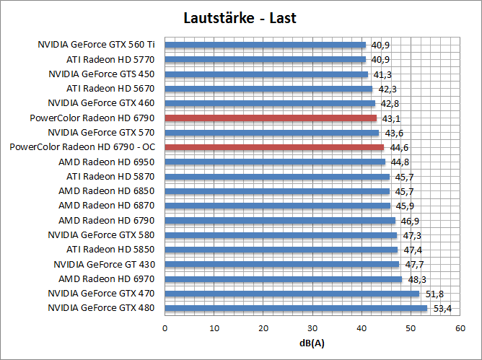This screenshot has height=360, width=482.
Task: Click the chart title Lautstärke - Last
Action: point(240,18)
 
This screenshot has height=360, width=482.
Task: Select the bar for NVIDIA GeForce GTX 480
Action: point(296,308)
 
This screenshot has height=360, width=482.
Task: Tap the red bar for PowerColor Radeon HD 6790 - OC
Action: point(274,147)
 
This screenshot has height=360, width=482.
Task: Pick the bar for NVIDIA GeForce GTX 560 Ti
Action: point(266,45)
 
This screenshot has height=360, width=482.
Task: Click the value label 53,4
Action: point(441,309)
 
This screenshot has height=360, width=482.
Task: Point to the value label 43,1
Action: point(390,118)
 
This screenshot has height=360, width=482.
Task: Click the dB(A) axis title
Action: point(312,342)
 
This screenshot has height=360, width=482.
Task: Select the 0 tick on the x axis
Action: point(165,328)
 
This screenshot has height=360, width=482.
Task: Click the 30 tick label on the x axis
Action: point(312,328)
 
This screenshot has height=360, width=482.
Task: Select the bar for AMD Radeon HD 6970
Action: point(284,279)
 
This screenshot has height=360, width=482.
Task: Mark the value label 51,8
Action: point(433,294)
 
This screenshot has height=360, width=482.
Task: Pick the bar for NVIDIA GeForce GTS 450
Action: point(266,74)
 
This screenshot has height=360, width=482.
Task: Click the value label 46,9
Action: point(409,221)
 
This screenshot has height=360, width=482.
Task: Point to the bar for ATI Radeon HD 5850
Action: point(281,250)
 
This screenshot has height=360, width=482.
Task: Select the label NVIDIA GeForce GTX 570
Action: point(100,133)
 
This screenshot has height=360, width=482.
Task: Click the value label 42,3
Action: point(387,89)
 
